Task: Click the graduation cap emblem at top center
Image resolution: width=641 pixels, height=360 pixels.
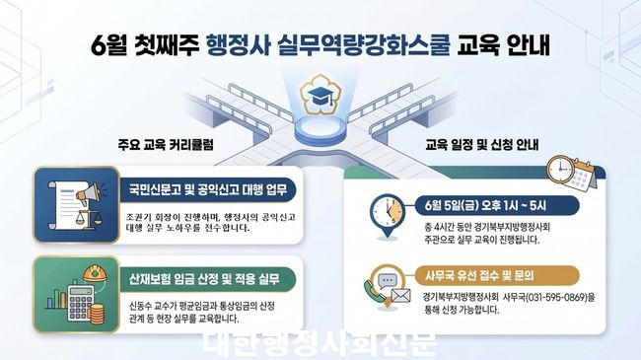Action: coord(320,95)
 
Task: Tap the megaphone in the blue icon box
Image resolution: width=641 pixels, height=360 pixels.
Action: coord(88,194)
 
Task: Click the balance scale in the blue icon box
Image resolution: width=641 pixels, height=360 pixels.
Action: coord(87,218)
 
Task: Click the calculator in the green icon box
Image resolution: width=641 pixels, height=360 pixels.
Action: coord(80,302)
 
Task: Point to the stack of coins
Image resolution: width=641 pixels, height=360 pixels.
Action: coord(97,314)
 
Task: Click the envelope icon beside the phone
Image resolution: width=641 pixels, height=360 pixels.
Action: coord(400,295)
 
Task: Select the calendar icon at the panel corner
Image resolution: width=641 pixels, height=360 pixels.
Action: coord(582,177)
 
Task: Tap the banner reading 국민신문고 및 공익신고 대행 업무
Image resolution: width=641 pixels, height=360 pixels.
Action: coord(208,190)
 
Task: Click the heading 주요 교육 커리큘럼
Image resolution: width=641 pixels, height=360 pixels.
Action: coord(166,144)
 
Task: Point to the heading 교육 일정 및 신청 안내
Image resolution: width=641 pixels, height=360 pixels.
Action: coord(482,144)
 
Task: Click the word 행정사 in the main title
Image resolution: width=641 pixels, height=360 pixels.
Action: coord(239,45)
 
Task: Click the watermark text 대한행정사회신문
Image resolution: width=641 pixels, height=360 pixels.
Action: coord(320,343)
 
